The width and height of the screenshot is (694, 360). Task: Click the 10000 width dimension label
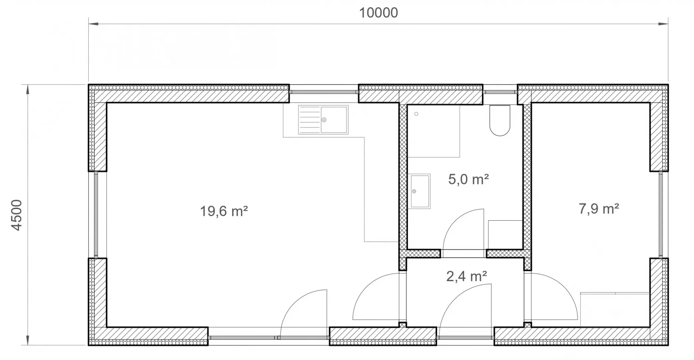378,13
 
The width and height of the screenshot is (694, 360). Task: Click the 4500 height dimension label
16,215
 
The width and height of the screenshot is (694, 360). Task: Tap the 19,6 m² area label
224,211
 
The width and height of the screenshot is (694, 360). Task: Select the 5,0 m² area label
468,179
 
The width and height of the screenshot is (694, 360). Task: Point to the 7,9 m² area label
599,209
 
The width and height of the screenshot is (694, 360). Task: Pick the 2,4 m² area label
466,276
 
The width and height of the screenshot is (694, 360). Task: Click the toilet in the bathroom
500,120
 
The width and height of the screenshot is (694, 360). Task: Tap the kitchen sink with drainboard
323,120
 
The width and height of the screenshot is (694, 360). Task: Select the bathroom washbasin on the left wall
420,191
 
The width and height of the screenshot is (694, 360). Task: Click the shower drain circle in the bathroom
416,114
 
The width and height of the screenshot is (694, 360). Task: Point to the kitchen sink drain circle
324,120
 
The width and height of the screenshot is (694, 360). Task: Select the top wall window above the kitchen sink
323,92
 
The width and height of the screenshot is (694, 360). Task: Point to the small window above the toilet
500,92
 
